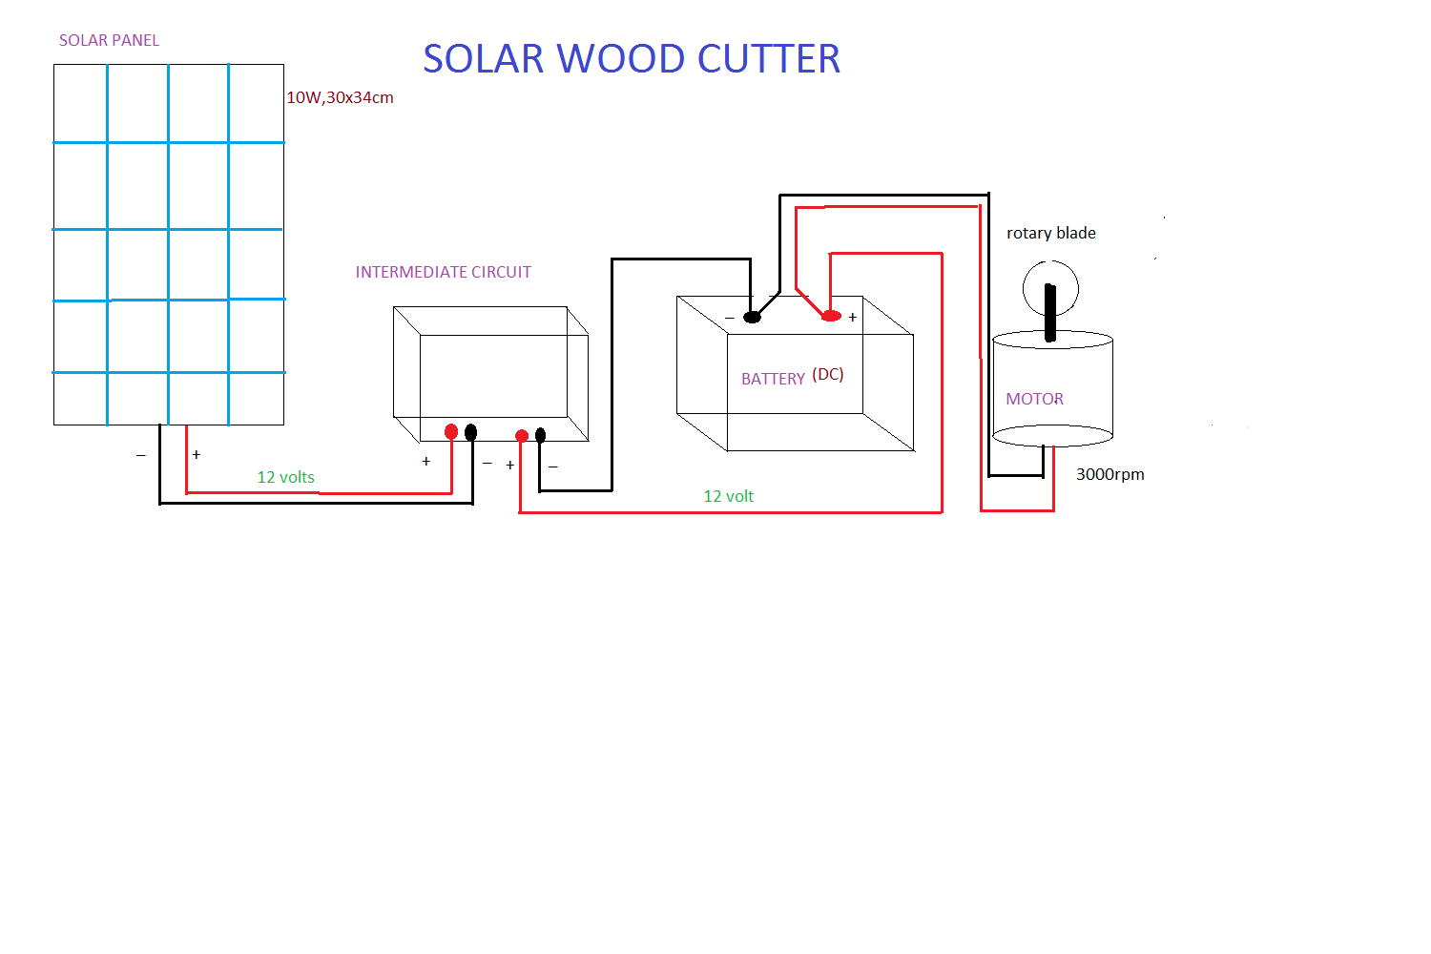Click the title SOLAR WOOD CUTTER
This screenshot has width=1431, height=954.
coord(632,59)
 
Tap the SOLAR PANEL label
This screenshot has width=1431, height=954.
coord(109,40)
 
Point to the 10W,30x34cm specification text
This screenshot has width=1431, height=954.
coord(340,97)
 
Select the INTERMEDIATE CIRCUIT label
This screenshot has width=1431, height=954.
coord(443,272)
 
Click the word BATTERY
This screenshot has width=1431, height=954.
coord(773,379)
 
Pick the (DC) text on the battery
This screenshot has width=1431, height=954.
coord(828,374)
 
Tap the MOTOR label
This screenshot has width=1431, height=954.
coord(1034,399)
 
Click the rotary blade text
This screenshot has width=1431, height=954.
coord(1050,233)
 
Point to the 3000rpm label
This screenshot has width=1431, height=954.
coord(1110,474)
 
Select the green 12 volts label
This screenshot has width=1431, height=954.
coord(285,477)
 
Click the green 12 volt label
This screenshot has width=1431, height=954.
coord(728,496)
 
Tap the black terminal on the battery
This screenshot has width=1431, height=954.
coord(752,317)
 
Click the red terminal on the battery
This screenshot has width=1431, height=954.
coord(831,316)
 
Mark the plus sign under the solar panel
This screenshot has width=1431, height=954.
coord(197,455)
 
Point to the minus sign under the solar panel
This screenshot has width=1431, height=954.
coord(141,456)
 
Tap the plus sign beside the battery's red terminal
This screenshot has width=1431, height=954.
coord(853,318)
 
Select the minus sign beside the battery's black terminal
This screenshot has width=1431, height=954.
coord(730,318)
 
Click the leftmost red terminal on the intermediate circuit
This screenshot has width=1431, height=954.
coord(451,432)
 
